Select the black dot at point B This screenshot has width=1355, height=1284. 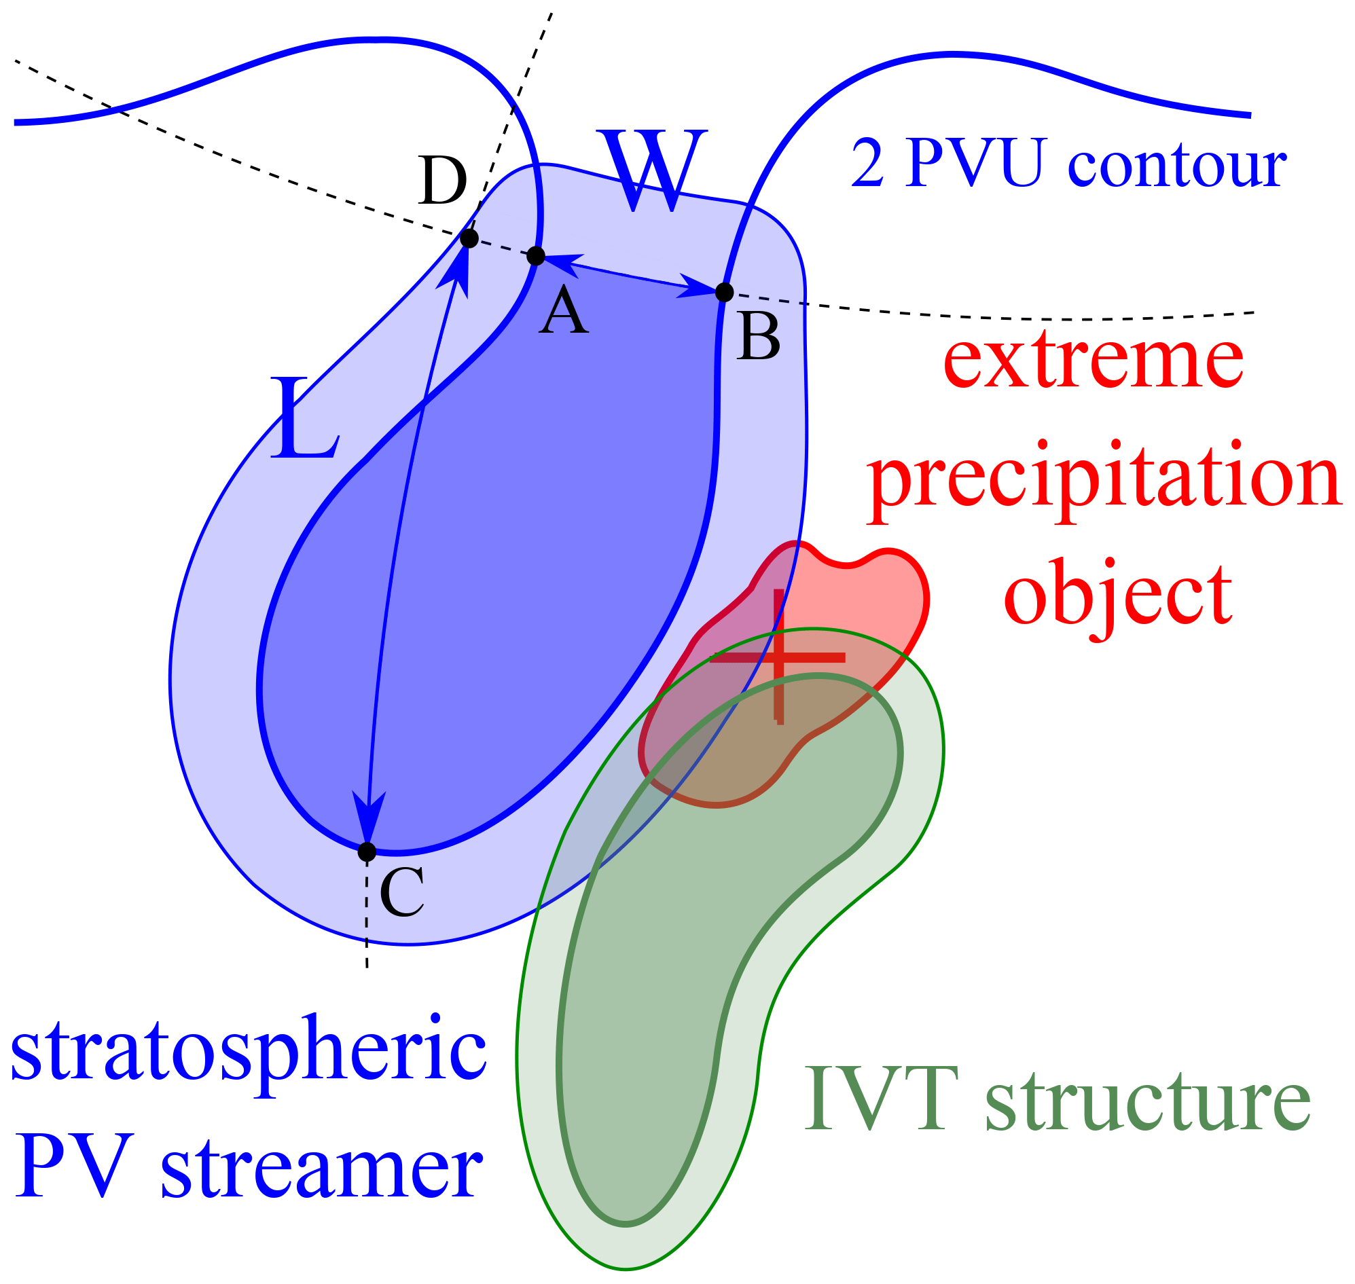[x=725, y=292]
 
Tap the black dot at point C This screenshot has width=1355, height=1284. [x=367, y=852]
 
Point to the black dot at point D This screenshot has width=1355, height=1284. [x=469, y=239]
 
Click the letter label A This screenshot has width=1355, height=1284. [x=564, y=310]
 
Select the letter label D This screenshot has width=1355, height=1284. [x=442, y=181]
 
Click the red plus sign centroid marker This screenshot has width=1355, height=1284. [x=778, y=657]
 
